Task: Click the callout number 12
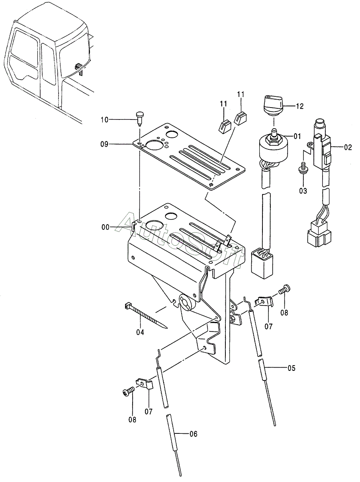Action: tap(299, 106)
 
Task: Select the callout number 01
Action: tap(297, 136)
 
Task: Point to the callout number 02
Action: tap(348, 147)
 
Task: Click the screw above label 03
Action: tap(303, 168)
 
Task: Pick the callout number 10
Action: tap(105, 120)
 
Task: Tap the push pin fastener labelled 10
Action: tap(139, 119)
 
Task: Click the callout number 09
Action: tap(104, 144)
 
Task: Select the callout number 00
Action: tap(106, 227)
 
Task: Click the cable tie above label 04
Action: tap(145, 315)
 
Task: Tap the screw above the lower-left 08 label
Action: tap(128, 392)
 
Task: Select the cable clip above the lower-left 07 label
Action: tap(145, 385)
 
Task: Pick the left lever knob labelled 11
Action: tap(224, 126)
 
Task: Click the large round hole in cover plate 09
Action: tap(155, 145)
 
